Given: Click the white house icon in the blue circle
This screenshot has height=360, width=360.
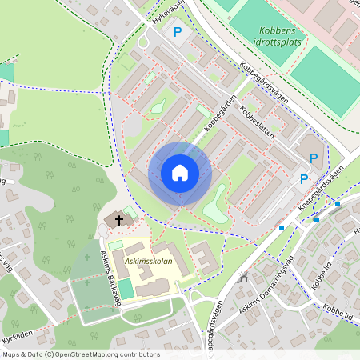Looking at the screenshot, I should pyautogui.click(x=180, y=173).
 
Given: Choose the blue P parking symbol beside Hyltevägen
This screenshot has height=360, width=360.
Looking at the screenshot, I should pyautogui.click(x=178, y=32).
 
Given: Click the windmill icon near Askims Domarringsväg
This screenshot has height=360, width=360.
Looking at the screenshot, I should pyautogui.click(x=244, y=279).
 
